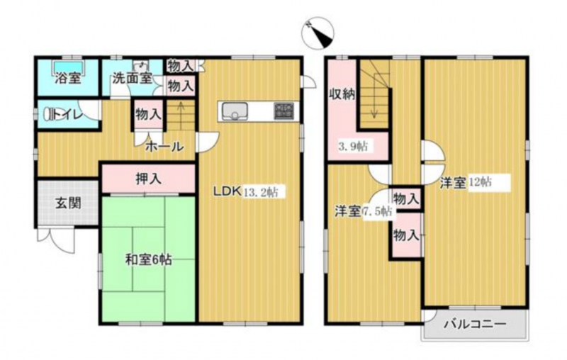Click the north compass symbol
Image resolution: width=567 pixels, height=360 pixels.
coord(318,34)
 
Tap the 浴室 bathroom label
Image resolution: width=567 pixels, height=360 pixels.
coord(67,78)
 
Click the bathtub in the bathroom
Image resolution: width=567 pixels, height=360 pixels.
coord(68,66)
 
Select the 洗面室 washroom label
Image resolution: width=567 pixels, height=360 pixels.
coord(132,78)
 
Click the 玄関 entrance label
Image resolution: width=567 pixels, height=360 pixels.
coord(67,203)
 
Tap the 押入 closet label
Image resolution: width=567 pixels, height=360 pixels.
coord(149,179)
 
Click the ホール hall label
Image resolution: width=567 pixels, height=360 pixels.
coord(164,147)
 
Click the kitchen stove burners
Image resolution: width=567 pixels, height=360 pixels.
coord(285,111)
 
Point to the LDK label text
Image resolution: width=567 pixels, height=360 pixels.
coord(227,191)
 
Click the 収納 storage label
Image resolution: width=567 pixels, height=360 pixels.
coord(342,95)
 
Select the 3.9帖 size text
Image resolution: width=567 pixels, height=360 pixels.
coord(353,147)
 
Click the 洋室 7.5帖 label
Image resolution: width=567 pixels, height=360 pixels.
coord(364,211)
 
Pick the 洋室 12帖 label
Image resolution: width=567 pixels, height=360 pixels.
coord(466,182)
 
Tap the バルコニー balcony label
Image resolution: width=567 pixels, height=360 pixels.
coord(475,324)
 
